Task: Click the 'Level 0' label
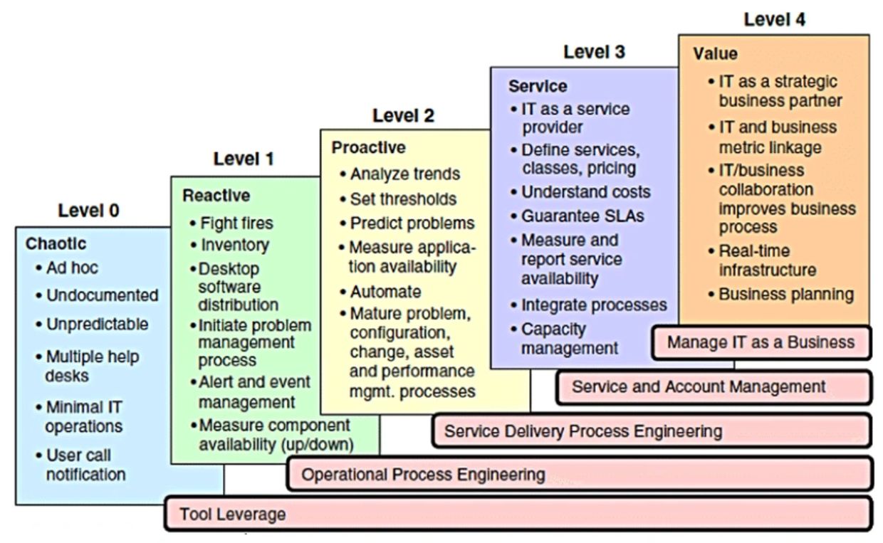(x=89, y=211)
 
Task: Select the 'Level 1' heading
(x=244, y=159)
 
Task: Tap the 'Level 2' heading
(x=403, y=115)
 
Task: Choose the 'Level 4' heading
(x=775, y=21)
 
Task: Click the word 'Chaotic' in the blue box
(x=56, y=244)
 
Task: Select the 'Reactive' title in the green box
(x=216, y=195)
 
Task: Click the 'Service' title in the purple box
(x=538, y=86)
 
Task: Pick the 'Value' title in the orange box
(x=716, y=54)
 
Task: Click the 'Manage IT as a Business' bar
(x=761, y=342)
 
